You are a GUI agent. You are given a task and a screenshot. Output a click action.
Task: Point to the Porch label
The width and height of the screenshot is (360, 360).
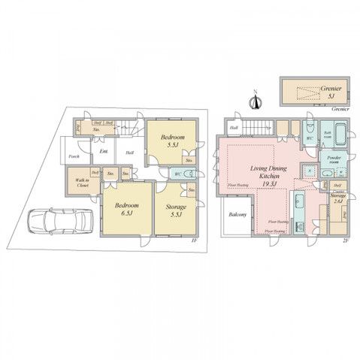pyautogui.click(x=74, y=156)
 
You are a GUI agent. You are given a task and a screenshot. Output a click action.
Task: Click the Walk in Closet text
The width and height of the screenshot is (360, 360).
pyautogui.click(x=82, y=182)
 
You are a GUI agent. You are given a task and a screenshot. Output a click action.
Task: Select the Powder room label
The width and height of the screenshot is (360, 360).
pyautogui.click(x=334, y=159)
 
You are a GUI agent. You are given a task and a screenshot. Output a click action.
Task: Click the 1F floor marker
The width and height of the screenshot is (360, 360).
pyautogui.click(x=193, y=241)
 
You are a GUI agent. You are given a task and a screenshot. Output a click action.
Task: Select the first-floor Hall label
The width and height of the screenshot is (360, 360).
pyautogui.click(x=129, y=153)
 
